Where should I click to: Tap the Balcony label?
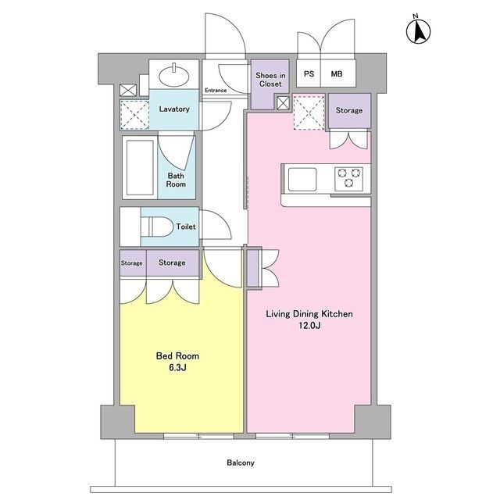[241, 462]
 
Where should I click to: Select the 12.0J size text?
[309, 326]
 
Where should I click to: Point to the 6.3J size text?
[177, 368]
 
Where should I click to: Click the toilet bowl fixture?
[157, 227]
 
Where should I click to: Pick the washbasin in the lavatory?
[174, 76]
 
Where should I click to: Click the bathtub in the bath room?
[140, 168]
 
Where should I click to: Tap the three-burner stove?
[349, 179]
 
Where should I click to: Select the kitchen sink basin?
[302, 179]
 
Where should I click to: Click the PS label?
[309, 74]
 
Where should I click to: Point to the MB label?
[337, 74]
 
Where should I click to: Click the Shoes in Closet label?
[270, 80]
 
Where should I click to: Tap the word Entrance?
[216, 91]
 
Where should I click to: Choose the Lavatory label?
[174, 109]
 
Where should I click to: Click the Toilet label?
[186, 227]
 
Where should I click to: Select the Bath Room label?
[176, 180]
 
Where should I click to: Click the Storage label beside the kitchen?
[349, 110]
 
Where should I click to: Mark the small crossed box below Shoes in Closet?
[283, 103]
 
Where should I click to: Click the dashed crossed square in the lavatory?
[134, 115]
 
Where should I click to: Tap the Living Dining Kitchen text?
[309, 314]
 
